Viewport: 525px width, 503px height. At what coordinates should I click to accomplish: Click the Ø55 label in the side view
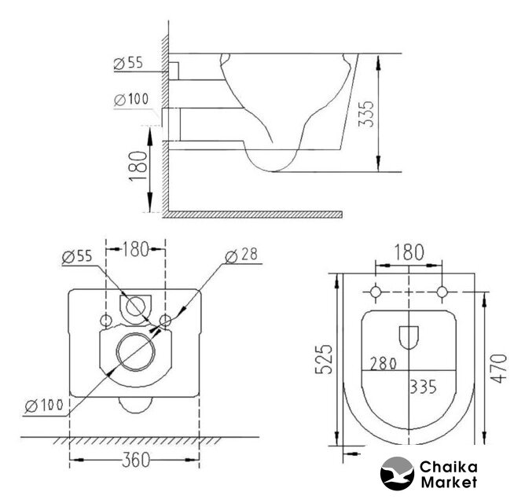point(128,63)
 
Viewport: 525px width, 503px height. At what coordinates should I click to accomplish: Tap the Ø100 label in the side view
point(131,100)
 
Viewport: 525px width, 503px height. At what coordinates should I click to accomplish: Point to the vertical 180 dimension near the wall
point(138,166)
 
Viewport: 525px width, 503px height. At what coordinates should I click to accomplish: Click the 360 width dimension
point(136,460)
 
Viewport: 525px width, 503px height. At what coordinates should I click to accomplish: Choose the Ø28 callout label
point(241,255)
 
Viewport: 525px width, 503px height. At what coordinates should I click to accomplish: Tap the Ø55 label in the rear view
point(77,256)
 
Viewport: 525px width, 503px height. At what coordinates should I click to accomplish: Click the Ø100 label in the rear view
point(44,406)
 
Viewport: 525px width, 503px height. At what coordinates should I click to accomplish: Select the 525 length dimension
point(324,359)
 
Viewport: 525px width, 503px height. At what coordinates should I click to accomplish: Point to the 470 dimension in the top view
point(499,368)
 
